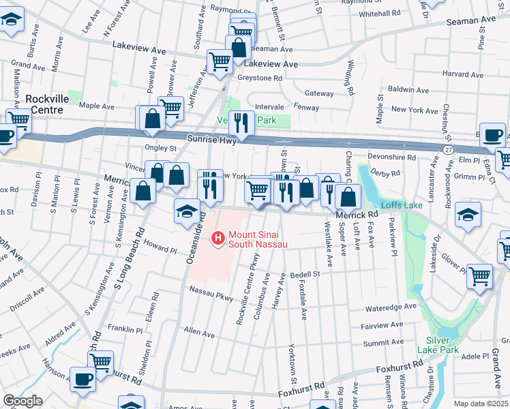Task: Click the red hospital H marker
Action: click(218, 238)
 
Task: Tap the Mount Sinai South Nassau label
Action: click(258, 239)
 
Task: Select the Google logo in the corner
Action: click(22, 401)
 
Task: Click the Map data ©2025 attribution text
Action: click(481, 404)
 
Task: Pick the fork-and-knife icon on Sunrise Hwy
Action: click(239, 123)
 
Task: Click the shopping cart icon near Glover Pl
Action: click(480, 276)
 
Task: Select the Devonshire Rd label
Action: click(391, 157)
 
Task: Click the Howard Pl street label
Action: click(160, 250)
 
